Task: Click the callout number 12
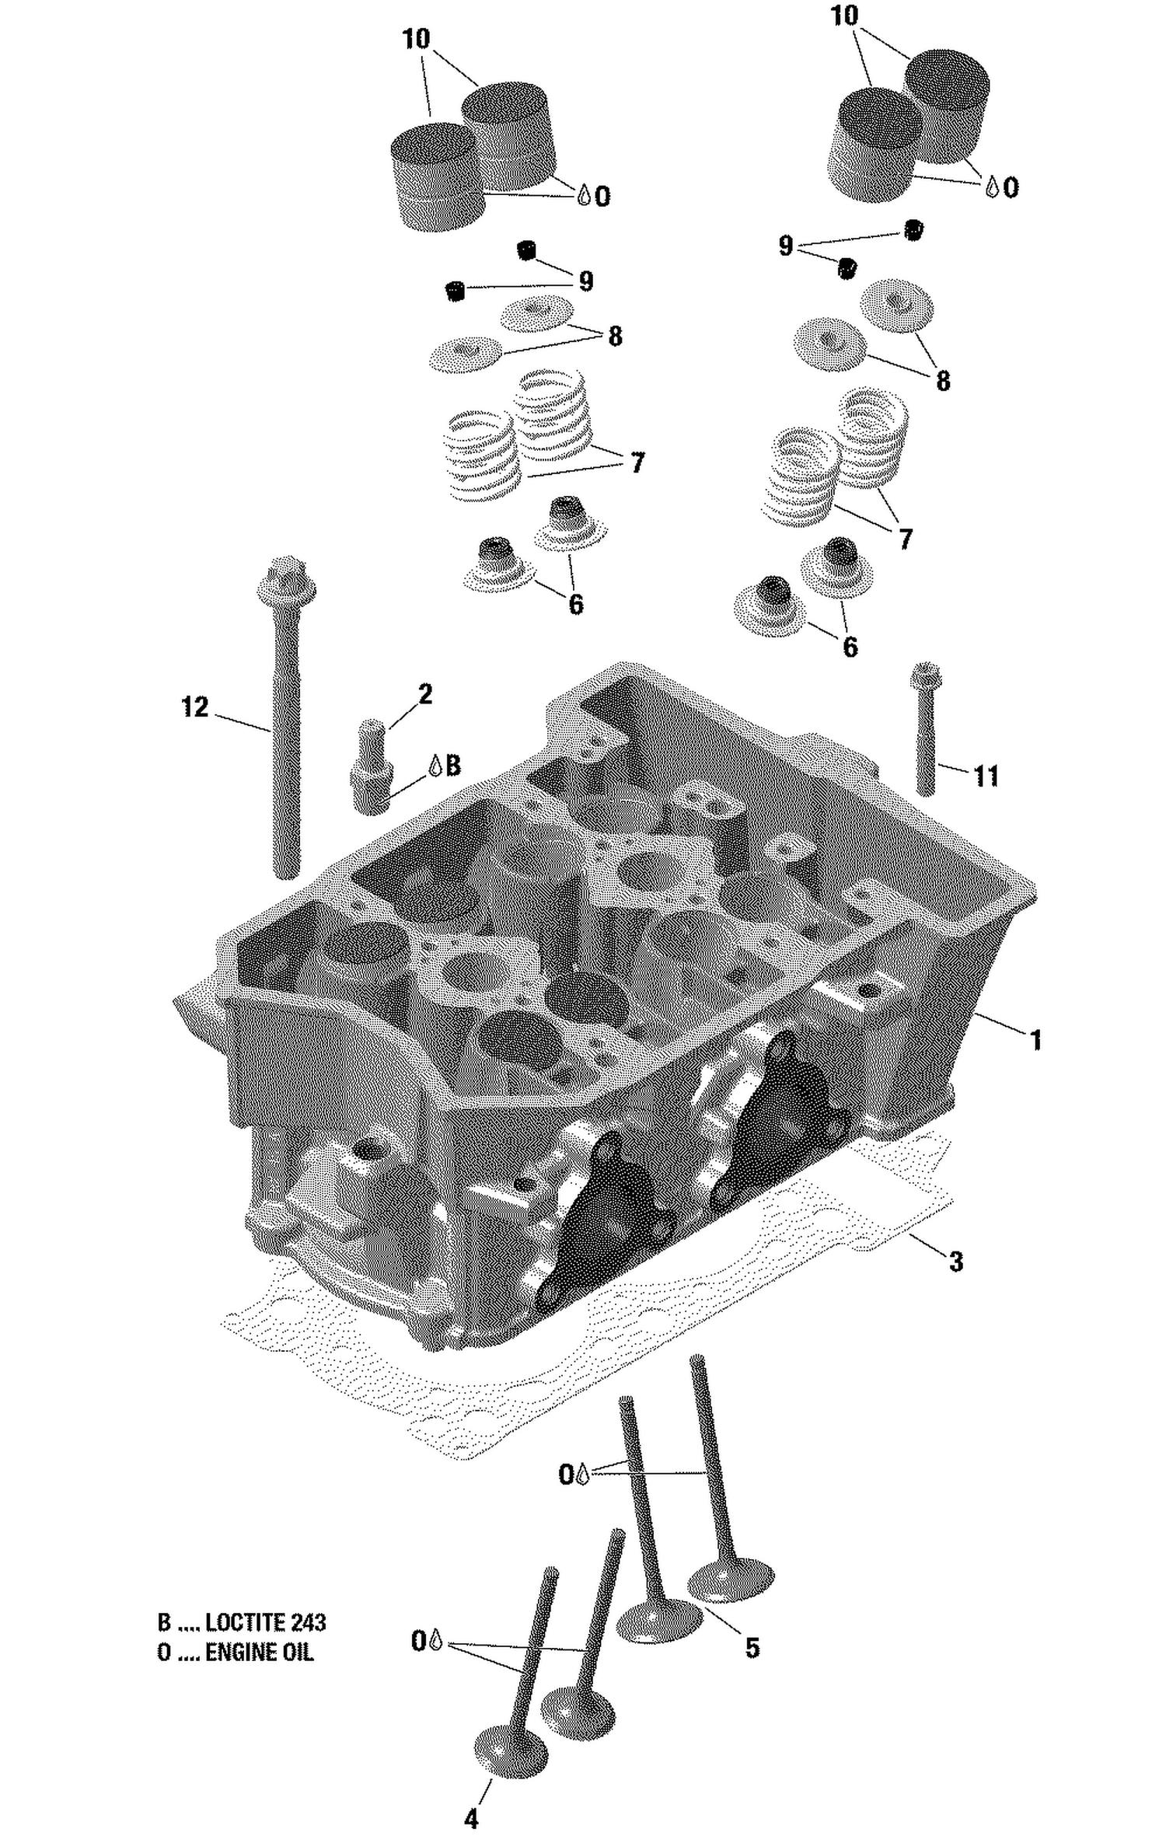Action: coord(195,707)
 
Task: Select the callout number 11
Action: coord(986,776)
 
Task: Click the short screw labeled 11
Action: coord(927,731)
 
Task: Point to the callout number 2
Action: coord(425,694)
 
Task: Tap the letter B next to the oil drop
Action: coord(454,765)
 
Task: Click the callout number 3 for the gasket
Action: coord(956,1261)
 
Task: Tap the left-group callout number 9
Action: coord(585,281)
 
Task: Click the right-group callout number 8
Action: coord(942,381)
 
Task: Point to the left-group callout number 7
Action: coord(637,463)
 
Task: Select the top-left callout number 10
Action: coord(417,39)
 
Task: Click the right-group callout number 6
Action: coord(850,647)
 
